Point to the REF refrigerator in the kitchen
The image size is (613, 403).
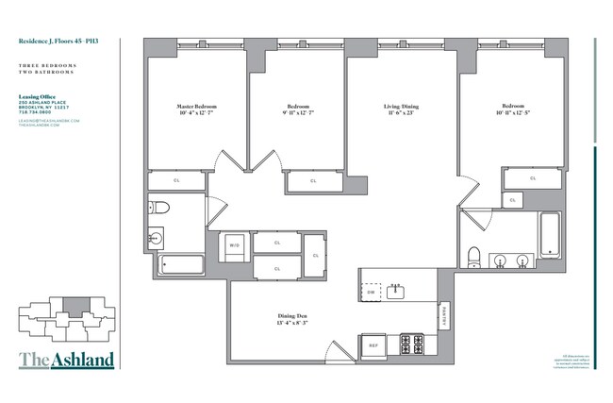[372, 345]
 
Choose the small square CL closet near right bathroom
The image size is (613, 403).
[512, 200]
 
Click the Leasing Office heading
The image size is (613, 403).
[39, 95]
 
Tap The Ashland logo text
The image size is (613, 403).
[66, 360]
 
